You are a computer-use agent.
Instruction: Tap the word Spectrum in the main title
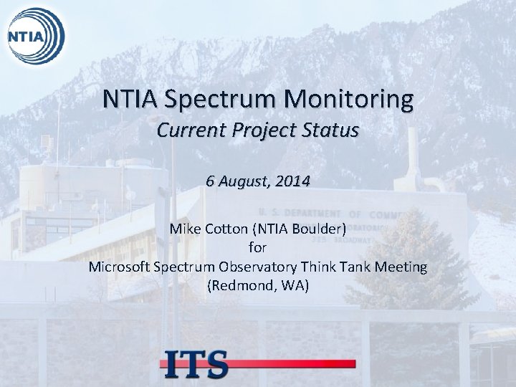point(224,99)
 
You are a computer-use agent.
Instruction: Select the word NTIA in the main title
point(130,99)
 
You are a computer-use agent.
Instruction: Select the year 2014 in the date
point(292,182)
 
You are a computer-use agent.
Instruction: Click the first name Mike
point(185,230)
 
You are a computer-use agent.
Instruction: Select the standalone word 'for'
point(257,249)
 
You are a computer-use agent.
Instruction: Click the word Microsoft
point(120,267)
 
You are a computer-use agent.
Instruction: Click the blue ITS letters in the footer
point(195,363)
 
